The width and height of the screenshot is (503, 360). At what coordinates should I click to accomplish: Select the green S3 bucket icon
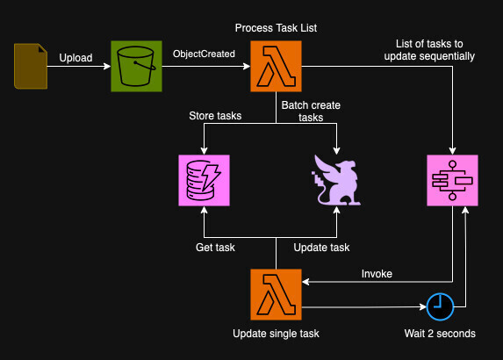(136, 66)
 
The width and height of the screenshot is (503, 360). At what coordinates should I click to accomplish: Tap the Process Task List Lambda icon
(277, 66)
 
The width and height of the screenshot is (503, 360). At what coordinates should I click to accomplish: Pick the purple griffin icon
(338, 180)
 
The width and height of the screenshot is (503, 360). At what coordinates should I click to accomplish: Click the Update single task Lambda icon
(277, 295)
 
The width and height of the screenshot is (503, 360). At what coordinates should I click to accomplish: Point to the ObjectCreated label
(204, 54)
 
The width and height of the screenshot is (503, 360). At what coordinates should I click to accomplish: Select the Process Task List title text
(277, 29)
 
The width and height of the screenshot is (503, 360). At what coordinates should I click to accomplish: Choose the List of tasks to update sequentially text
(429, 50)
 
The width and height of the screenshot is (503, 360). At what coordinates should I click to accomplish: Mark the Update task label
(321, 248)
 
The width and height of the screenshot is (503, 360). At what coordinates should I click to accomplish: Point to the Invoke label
(377, 274)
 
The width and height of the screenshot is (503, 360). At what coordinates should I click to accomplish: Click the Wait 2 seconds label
(440, 334)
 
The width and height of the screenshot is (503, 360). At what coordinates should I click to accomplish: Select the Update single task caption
(276, 334)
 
